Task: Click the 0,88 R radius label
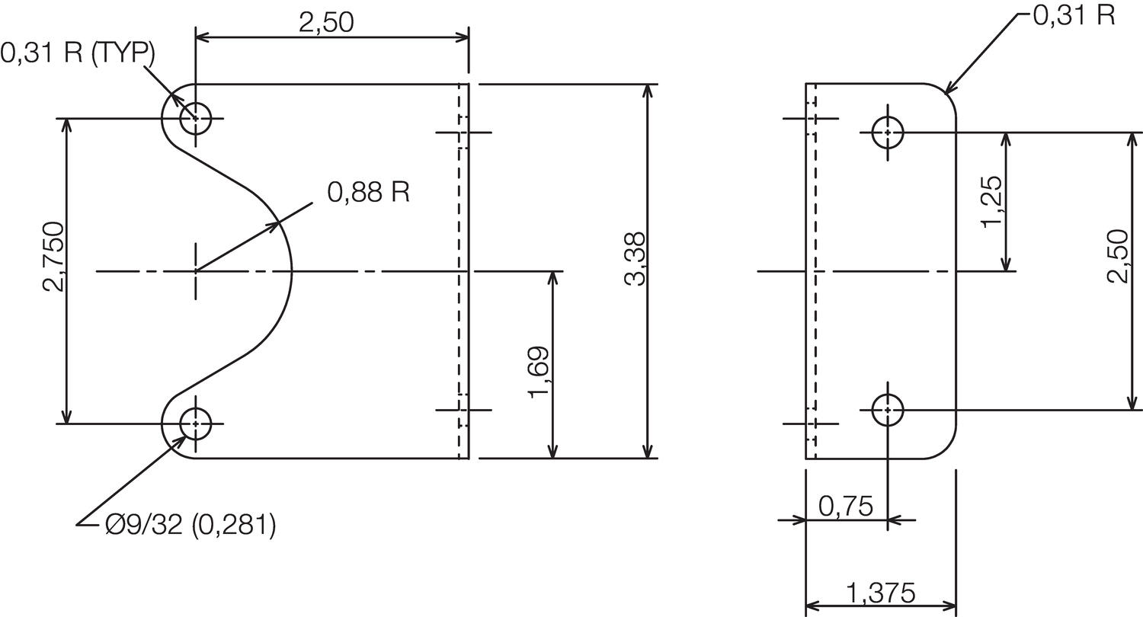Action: (369, 192)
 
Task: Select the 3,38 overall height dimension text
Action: (635, 259)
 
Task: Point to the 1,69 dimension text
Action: (538, 372)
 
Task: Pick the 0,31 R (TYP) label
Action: (78, 53)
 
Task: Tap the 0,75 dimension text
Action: (844, 505)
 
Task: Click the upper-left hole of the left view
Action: (196, 118)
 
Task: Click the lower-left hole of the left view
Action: (196, 423)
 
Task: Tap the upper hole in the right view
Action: (888, 133)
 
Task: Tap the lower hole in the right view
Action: (888, 411)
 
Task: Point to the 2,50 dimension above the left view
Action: (326, 22)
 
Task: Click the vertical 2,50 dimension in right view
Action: (1117, 256)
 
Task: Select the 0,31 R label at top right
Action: (1074, 15)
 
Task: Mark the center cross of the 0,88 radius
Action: (196, 270)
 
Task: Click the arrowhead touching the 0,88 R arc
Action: (277, 225)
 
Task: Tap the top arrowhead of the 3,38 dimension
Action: (647, 89)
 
